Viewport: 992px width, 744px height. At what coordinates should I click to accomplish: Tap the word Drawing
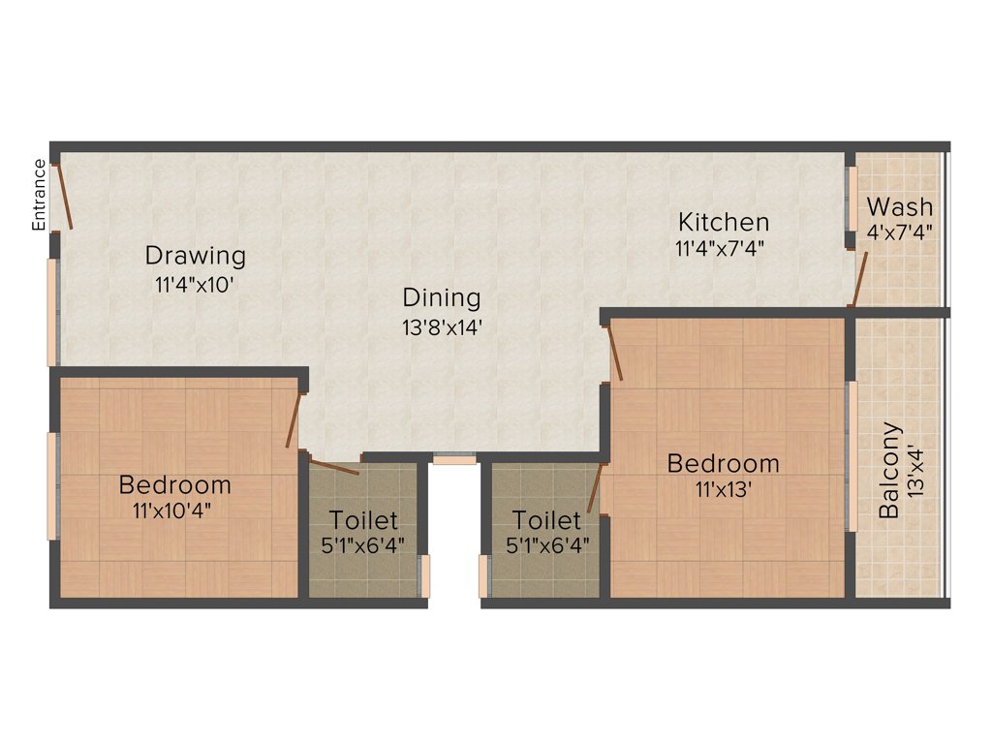[x=195, y=257]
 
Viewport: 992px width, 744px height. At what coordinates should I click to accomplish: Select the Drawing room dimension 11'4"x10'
[x=194, y=285]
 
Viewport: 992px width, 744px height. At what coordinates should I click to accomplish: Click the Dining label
[x=442, y=297]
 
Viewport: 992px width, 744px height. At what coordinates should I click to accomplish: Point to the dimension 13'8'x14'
[x=443, y=327]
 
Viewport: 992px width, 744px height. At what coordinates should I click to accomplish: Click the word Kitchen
[x=723, y=222]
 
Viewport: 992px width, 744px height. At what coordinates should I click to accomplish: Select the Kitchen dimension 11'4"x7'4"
[x=721, y=248]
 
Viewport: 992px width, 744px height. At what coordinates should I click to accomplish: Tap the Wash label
[x=900, y=206]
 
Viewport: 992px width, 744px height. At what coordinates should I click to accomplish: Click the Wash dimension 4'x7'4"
[x=900, y=232]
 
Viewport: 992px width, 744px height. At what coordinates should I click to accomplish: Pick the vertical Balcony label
[x=888, y=470]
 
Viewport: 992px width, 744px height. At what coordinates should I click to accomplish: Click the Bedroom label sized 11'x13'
[x=723, y=464]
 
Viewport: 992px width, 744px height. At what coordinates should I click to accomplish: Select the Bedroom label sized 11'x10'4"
[x=174, y=484]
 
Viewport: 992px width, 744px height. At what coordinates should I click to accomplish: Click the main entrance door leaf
[x=63, y=196]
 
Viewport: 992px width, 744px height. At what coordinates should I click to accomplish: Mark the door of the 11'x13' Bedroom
[x=614, y=354]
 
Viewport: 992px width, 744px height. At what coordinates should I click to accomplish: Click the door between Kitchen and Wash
[x=859, y=279]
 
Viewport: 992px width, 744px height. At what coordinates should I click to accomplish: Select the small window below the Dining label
[x=453, y=460]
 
